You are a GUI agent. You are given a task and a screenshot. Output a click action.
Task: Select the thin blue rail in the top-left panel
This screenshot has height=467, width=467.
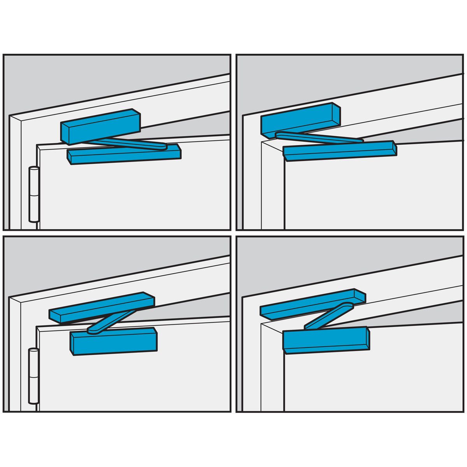[x=125, y=155]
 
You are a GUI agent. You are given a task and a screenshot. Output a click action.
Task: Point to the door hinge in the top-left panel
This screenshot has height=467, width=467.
[x=34, y=195]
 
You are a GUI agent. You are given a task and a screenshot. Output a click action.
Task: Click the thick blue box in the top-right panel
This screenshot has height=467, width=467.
[x=300, y=118]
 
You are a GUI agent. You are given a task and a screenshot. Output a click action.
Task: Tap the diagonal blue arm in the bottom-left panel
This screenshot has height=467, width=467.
[x=111, y=321]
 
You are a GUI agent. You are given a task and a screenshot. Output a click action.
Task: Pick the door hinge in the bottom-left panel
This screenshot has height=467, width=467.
[x=33, y=376]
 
